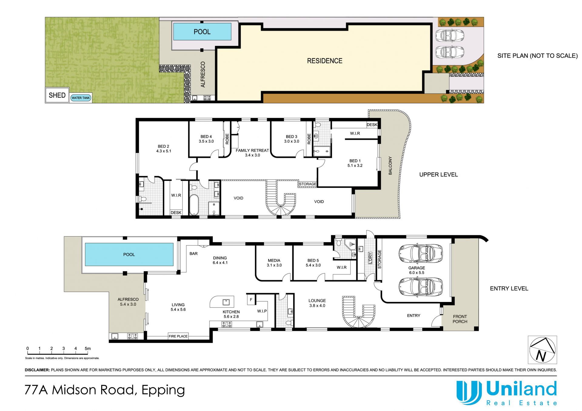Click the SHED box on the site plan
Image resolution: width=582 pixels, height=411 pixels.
click(x=57, y=95)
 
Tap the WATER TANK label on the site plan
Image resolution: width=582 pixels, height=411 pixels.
click(x=81, y=98)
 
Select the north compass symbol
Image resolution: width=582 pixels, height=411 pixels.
click(x=542, y=350)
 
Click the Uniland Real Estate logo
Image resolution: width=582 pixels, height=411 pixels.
click(x=507, y=393)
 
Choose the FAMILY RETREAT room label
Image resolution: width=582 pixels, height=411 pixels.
click(x=252, y=150)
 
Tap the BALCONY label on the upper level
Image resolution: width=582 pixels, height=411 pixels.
click(x=390, y=165)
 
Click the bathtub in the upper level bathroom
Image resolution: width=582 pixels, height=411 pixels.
click(x=194, y=204)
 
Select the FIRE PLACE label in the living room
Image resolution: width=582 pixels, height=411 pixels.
click(x=178, y=336)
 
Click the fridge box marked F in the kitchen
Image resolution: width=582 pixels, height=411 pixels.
click(x=251, y=300)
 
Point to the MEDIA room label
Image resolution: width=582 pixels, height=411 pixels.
click(x=274, y=260)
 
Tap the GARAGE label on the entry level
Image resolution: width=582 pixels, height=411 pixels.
click(x=416, y=268)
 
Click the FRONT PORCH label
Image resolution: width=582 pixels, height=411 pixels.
click(x=460, y=319)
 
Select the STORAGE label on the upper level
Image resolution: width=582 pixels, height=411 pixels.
click(x=308, y=184)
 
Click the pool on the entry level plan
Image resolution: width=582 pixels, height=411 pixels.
click(x=129, y=254)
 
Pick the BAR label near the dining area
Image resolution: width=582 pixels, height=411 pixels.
click(x=193, y=254)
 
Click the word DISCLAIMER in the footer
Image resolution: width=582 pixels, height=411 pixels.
click(x=37, y=370)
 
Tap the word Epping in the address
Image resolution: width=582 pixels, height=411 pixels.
click(x=163, y=390)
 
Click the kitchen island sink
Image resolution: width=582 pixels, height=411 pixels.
click(x=226, y=302)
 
